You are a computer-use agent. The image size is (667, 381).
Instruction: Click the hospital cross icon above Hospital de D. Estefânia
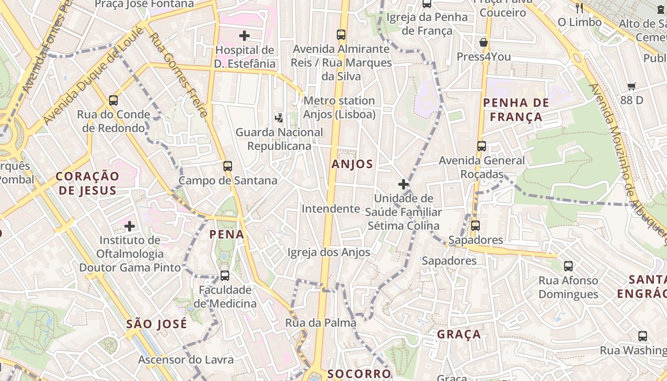click(x=244, y=36)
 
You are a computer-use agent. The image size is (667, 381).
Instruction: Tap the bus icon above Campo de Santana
click(x=228, y=166)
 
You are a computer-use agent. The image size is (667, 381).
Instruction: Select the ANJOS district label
click(x=352, y=164)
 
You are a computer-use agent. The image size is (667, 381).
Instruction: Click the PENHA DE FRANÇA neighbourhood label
click(x=516, y=110)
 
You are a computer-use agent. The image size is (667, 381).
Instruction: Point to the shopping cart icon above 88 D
click(x=632, y=86)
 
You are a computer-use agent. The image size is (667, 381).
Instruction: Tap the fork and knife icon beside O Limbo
click(x=579, y=8)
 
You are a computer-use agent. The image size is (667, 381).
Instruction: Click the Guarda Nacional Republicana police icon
click(x=279, y=117)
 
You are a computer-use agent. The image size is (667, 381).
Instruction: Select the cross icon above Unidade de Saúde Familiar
click(x=404, y=184)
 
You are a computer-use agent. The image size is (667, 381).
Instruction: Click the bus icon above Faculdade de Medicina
click(x=224, y=276)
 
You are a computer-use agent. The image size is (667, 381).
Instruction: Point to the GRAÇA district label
click(x=459, y=334)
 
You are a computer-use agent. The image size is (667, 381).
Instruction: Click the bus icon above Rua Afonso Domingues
click(x=568, y=266)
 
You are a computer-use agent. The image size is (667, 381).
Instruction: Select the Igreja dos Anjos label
click(x=329, y=252)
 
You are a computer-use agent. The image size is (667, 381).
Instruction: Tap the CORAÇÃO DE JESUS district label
click(x=87, y=183)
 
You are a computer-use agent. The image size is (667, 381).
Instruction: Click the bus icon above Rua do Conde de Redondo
click(x=113, y=100)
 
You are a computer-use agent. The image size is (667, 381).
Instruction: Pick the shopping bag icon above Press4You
click(x=484, y=42)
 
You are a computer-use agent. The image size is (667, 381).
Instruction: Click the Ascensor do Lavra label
click(x=186, y=360)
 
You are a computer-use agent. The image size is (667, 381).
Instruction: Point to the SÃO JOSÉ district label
click(x=157, y=324)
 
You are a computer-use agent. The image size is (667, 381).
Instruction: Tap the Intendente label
click(x=331, y=209)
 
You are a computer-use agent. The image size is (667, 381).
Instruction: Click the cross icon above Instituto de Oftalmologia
click(x=130, y=226)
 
